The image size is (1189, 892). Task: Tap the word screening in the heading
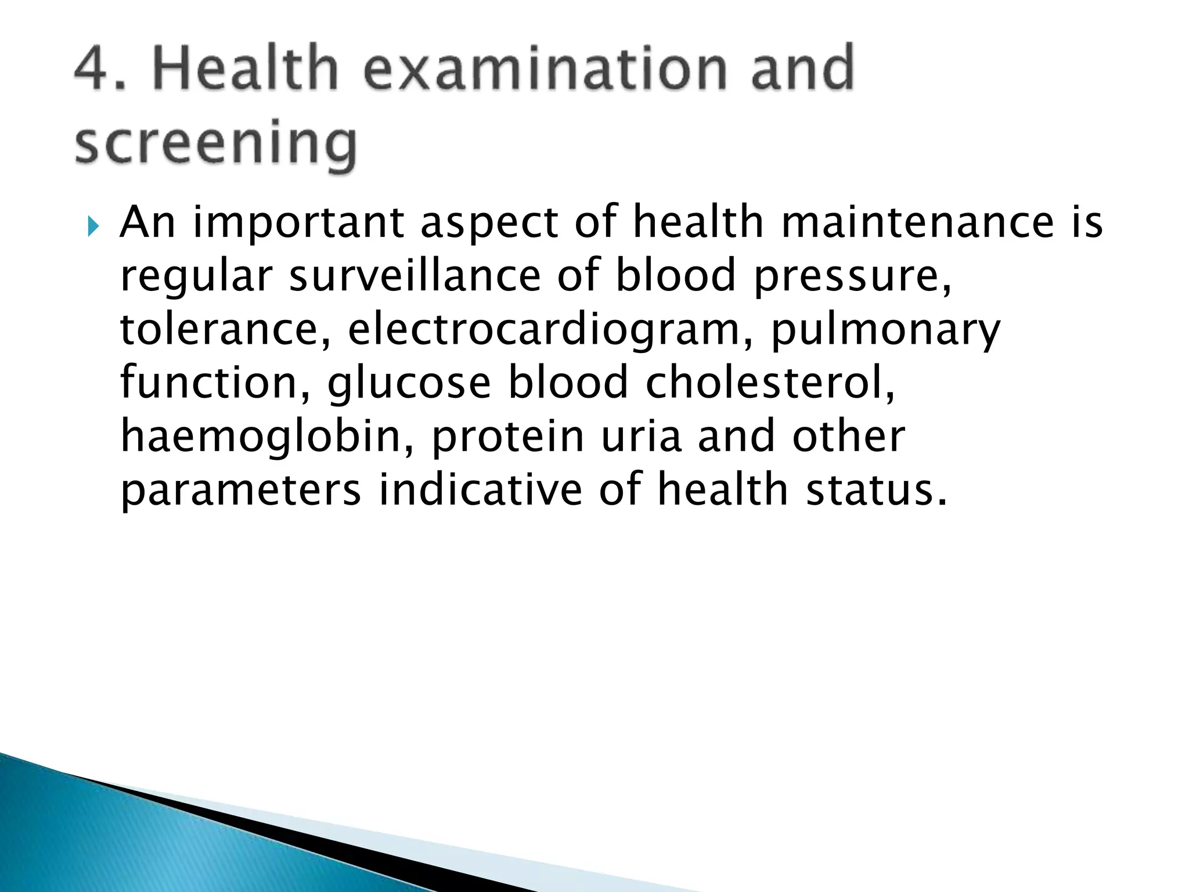tap(215, 143)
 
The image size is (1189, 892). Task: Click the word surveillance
tap(415, 275)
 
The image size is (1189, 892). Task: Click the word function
tap(215, 383)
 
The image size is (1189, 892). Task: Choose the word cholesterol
tap(770, 383)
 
